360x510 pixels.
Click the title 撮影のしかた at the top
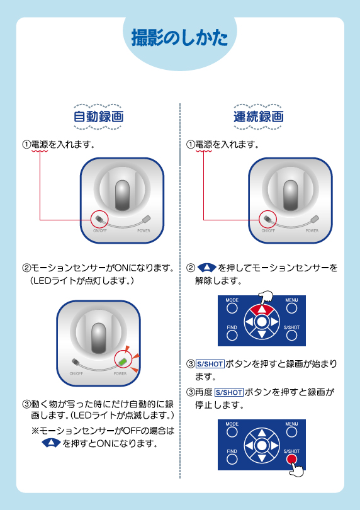[x=179, y=38]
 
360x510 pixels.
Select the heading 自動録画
[x=99, y=116]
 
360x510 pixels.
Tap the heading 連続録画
[x=259, y=116]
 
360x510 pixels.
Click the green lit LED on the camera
[x=123, y=361]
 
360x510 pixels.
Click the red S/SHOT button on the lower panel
[x=291, y=459]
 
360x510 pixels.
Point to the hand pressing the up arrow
[x=266, y=298]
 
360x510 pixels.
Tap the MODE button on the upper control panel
[x=232, y=308]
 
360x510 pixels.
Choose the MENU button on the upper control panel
[x=291, y=308]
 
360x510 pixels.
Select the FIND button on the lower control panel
[x=232, y=459]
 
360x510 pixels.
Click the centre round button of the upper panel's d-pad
[x=262, y=322]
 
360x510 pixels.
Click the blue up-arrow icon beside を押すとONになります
[x=51, y=443]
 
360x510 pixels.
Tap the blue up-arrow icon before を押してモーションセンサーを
[x=206, y=268]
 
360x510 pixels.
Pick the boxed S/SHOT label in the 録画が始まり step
[x=210, y=365]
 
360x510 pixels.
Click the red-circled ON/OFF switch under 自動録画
[x=99, y=218]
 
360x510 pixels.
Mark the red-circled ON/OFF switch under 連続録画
[x=268, y=218]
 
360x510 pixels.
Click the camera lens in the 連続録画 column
[x=291, y=195]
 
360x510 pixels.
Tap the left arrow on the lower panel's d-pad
[x=249, y=446]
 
